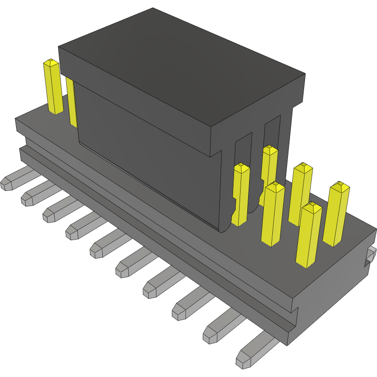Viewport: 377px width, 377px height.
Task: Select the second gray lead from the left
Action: pyautogui.click(x=33, y=194)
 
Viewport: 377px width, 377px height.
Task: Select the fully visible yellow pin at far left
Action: pyautogui.click(x=53, y=88)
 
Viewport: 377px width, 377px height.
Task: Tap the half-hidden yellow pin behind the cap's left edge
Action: pyautogui.click(x=72, y=102)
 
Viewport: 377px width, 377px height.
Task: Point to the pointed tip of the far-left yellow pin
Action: pyautogui.click(x=50, y=62)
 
